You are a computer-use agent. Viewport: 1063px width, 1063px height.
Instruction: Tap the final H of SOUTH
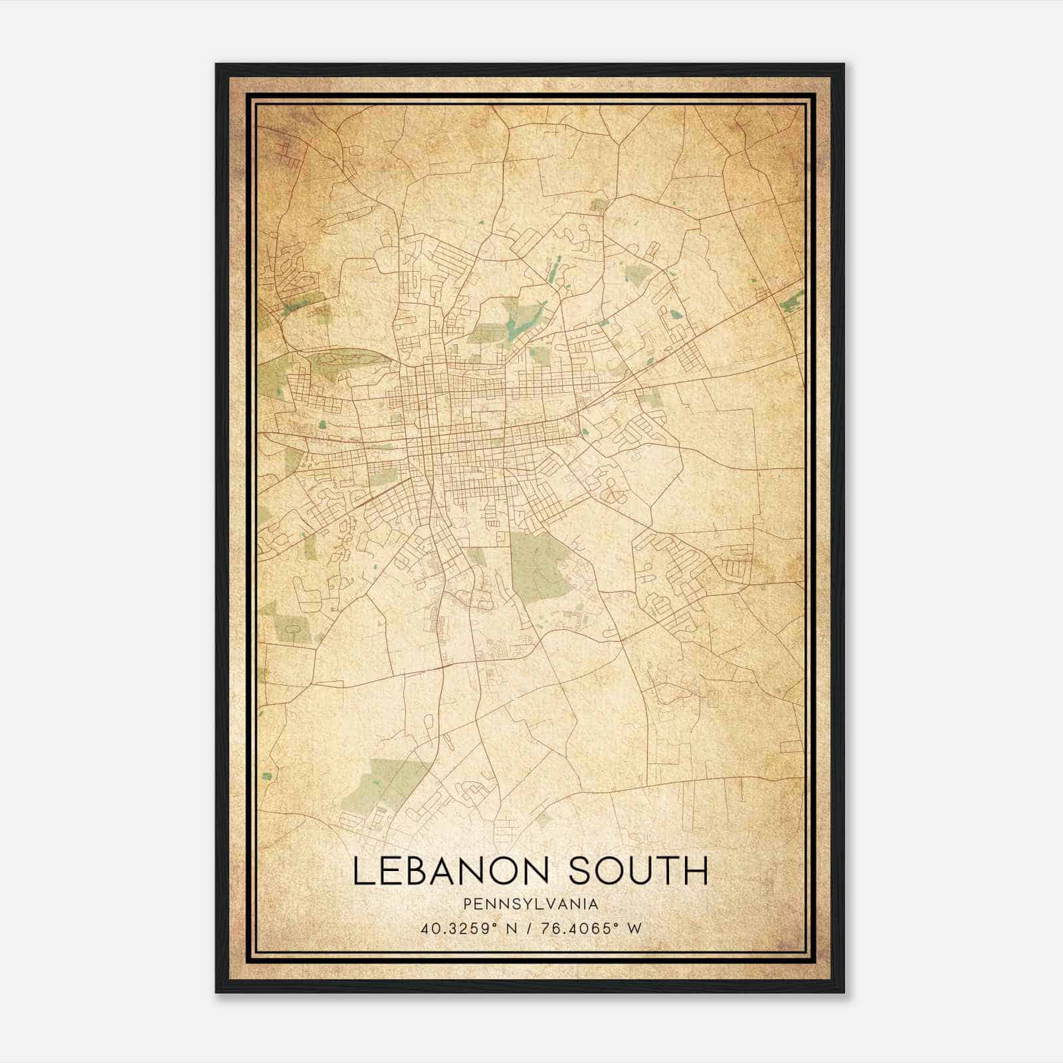(696, 872)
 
